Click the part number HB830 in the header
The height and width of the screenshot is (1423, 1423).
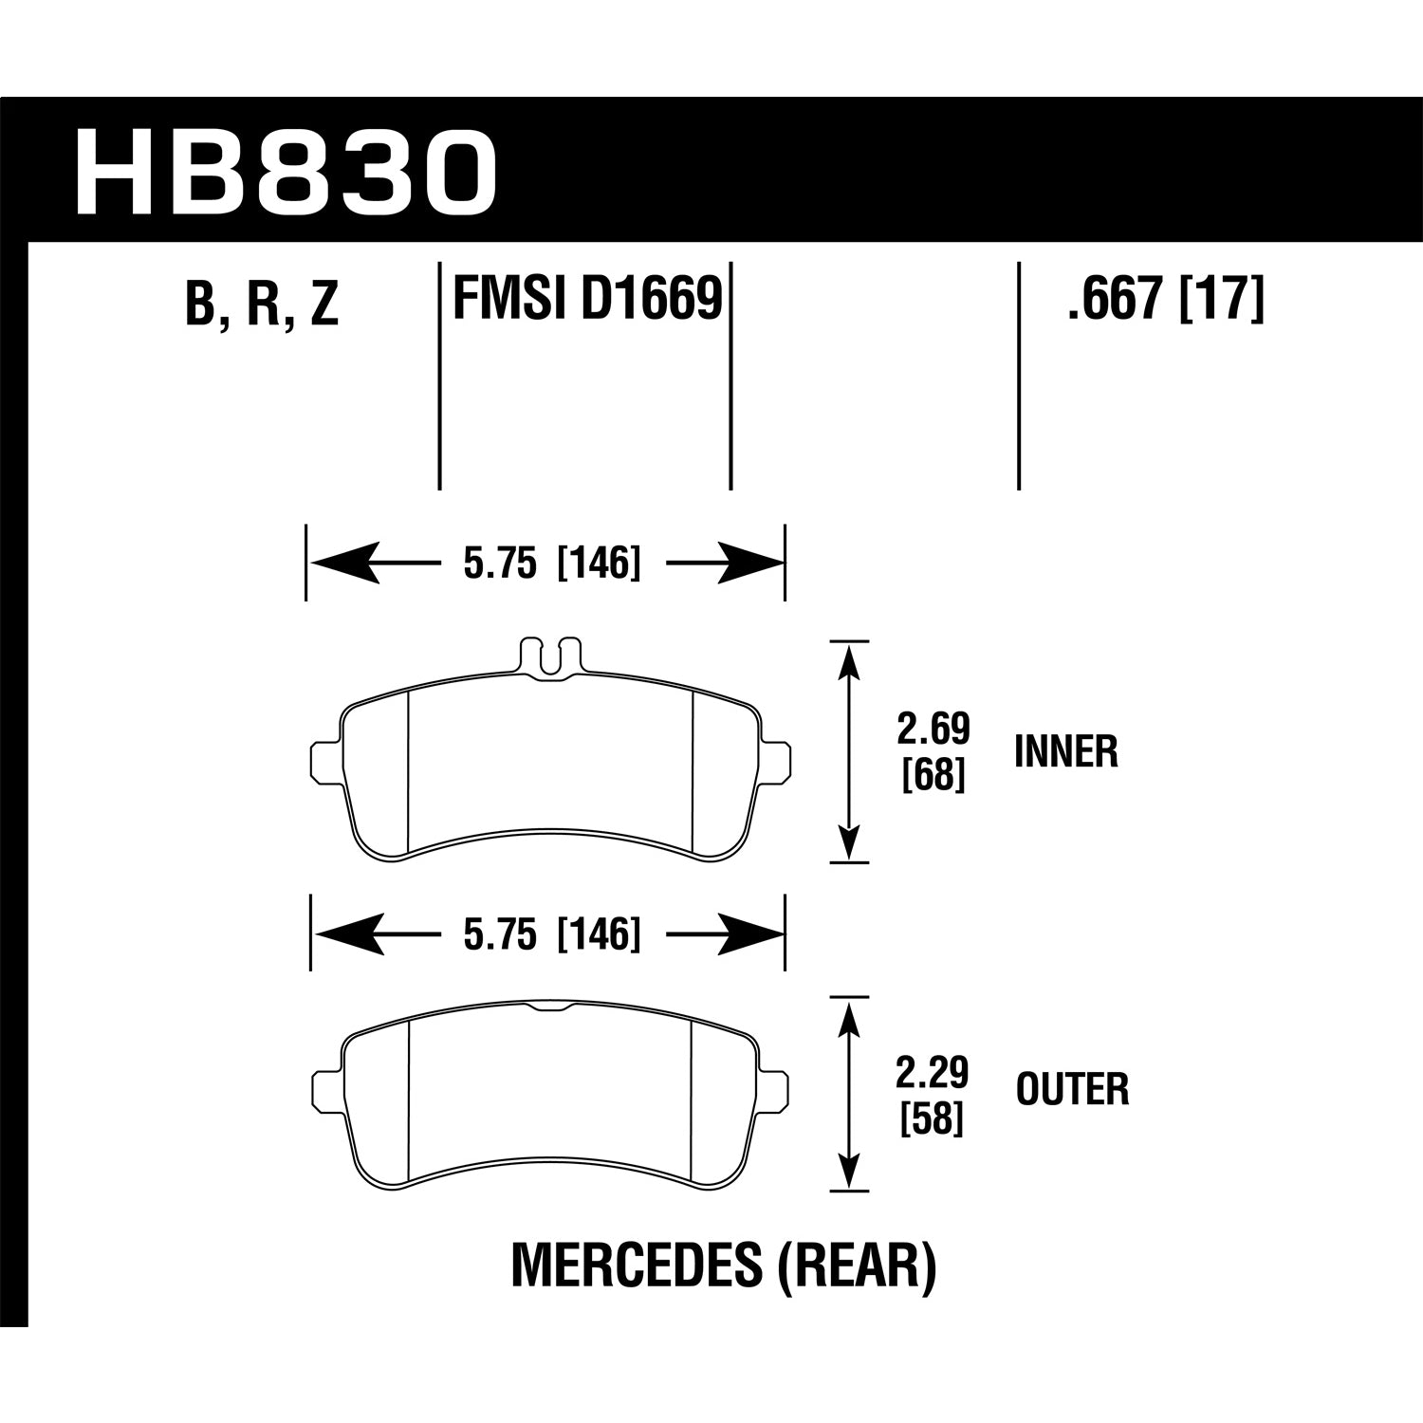click(286, 171)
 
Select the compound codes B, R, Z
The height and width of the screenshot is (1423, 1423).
click(263, 305)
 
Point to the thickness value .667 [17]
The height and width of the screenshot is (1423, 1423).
click(1166, 299)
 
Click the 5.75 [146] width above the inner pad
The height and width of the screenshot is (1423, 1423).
click(551, 564)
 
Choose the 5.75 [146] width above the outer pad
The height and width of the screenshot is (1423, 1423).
click(551, 935)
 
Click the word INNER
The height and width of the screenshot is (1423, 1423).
click(1066, 752)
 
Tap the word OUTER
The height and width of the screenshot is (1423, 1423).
click(1072, 1089)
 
